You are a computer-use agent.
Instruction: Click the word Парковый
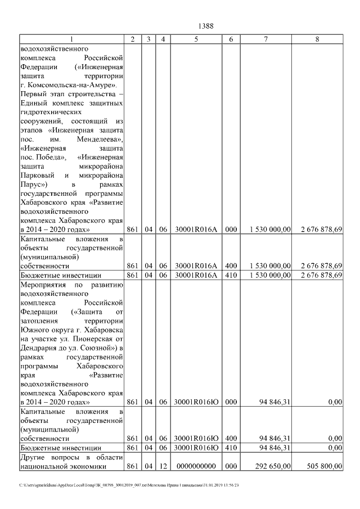click(x=35, y=175)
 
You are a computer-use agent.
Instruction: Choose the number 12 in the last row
click(x=162, y=466)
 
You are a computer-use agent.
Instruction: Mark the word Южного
click(x=34, y=330)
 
